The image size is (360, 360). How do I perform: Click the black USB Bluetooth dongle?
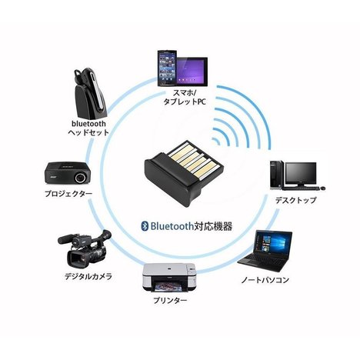click(184, 172)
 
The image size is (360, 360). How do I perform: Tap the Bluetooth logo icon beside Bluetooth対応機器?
click(145, 226)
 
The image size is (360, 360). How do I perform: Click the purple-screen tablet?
click(192, 71)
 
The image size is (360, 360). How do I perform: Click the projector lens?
click(81, 176)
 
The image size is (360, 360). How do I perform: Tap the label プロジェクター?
click(68, 194)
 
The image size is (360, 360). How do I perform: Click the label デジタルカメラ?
click(88, 276)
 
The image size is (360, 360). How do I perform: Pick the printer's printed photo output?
click(167, 285)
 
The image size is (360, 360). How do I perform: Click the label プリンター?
click(170, 300)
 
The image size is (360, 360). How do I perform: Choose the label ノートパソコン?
click(265, 280)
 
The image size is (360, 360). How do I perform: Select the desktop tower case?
click(276, 175)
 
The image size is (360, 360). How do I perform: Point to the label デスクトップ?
click(295, 200)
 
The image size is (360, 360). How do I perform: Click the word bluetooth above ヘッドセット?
click(88, 124)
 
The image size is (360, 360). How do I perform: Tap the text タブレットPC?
click(185, 102)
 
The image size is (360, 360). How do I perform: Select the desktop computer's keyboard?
click(301, 188)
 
